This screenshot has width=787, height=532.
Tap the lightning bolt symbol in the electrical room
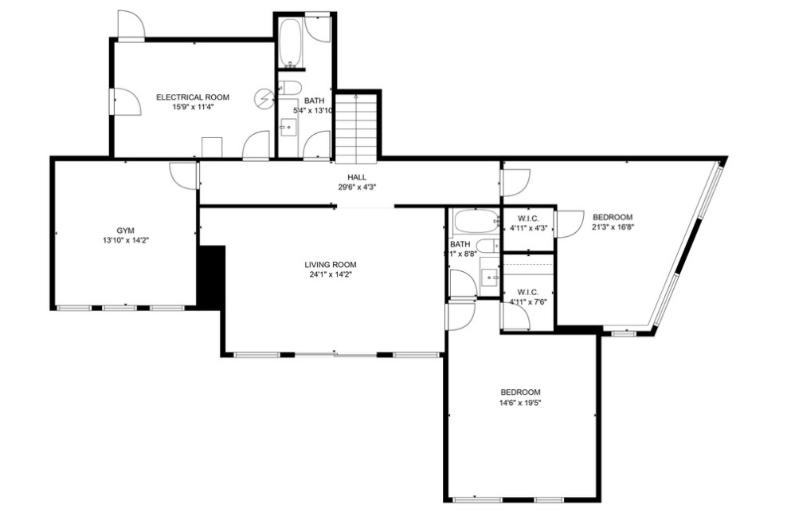tap(264, 98)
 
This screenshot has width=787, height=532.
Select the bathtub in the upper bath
tap(290, 41)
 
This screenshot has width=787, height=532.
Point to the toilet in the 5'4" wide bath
tap(290, 88)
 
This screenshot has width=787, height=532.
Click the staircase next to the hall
tap(355, 128)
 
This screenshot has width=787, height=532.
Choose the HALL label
tap(356, 177)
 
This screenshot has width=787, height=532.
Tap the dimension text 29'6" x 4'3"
tap(356, 187)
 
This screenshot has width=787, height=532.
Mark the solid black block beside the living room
tap(211, 276)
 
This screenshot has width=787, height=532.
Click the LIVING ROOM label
tap(330, 265)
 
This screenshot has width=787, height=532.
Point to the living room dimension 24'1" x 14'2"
tap(330, 275)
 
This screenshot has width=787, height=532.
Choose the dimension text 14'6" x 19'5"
tap(520, 403)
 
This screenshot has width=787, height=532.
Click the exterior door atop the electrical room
tap(130, 26)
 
